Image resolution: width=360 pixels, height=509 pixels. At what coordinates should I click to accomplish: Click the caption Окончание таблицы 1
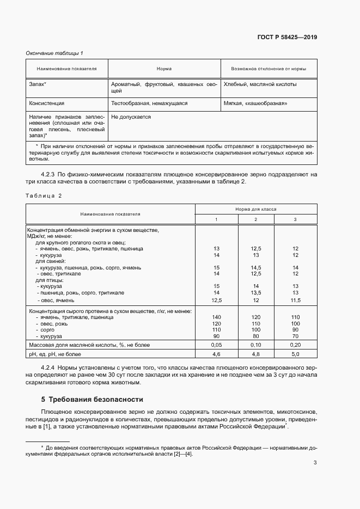coord(54,53)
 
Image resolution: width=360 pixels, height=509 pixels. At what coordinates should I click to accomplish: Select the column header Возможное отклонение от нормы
coord(269,69)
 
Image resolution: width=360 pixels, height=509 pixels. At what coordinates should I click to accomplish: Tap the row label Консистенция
coord(46,102)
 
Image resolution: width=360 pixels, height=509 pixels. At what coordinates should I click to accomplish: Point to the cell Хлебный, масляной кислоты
coord(260,84)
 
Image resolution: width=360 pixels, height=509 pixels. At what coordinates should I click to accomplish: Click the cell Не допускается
coord(131,116)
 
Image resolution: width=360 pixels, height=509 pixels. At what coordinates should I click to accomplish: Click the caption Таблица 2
coord(44,195)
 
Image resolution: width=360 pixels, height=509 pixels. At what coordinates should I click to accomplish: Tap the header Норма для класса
coord(256,208)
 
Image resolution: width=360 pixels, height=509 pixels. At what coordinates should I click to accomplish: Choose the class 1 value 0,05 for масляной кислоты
coord(216,345)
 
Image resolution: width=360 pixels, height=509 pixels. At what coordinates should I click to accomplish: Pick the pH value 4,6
coord(216,354)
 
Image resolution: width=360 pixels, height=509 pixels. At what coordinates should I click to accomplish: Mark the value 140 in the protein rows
coord(216,317)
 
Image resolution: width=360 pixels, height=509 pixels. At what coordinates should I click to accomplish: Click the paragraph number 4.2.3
coord(50,174)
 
